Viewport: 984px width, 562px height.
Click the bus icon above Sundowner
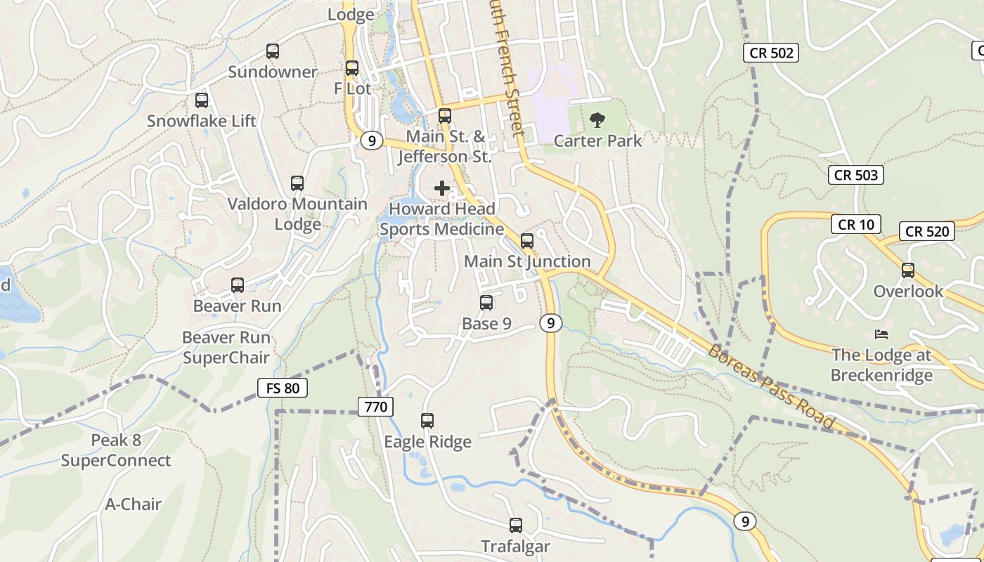point(272,51)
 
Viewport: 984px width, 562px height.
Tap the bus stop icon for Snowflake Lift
point(202,100)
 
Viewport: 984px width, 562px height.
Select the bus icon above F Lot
point(352,68)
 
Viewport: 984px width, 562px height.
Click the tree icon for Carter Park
point(597,120)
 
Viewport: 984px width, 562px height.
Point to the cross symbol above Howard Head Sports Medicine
point(442,188)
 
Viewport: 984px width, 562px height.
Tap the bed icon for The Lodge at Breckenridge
point(881,334)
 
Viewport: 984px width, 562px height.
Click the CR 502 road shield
point(771,53)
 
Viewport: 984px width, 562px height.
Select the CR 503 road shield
point(855,175)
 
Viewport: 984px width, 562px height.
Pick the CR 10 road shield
point(855,225)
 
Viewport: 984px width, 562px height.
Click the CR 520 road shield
point(927,231)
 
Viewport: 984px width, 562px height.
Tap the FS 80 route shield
point(283,388)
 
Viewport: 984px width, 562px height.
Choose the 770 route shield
point(375,406)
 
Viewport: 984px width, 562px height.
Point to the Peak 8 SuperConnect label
point(116,450)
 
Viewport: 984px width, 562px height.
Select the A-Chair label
point(134,504)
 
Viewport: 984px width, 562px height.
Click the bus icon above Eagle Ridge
point(427,421)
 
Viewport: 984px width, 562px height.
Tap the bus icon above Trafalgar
point(516,525)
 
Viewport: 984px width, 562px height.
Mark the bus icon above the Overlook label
point(908,270)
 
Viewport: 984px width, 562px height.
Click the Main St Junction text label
point(527,261)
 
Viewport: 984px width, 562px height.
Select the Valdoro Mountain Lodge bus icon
point(297,183)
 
